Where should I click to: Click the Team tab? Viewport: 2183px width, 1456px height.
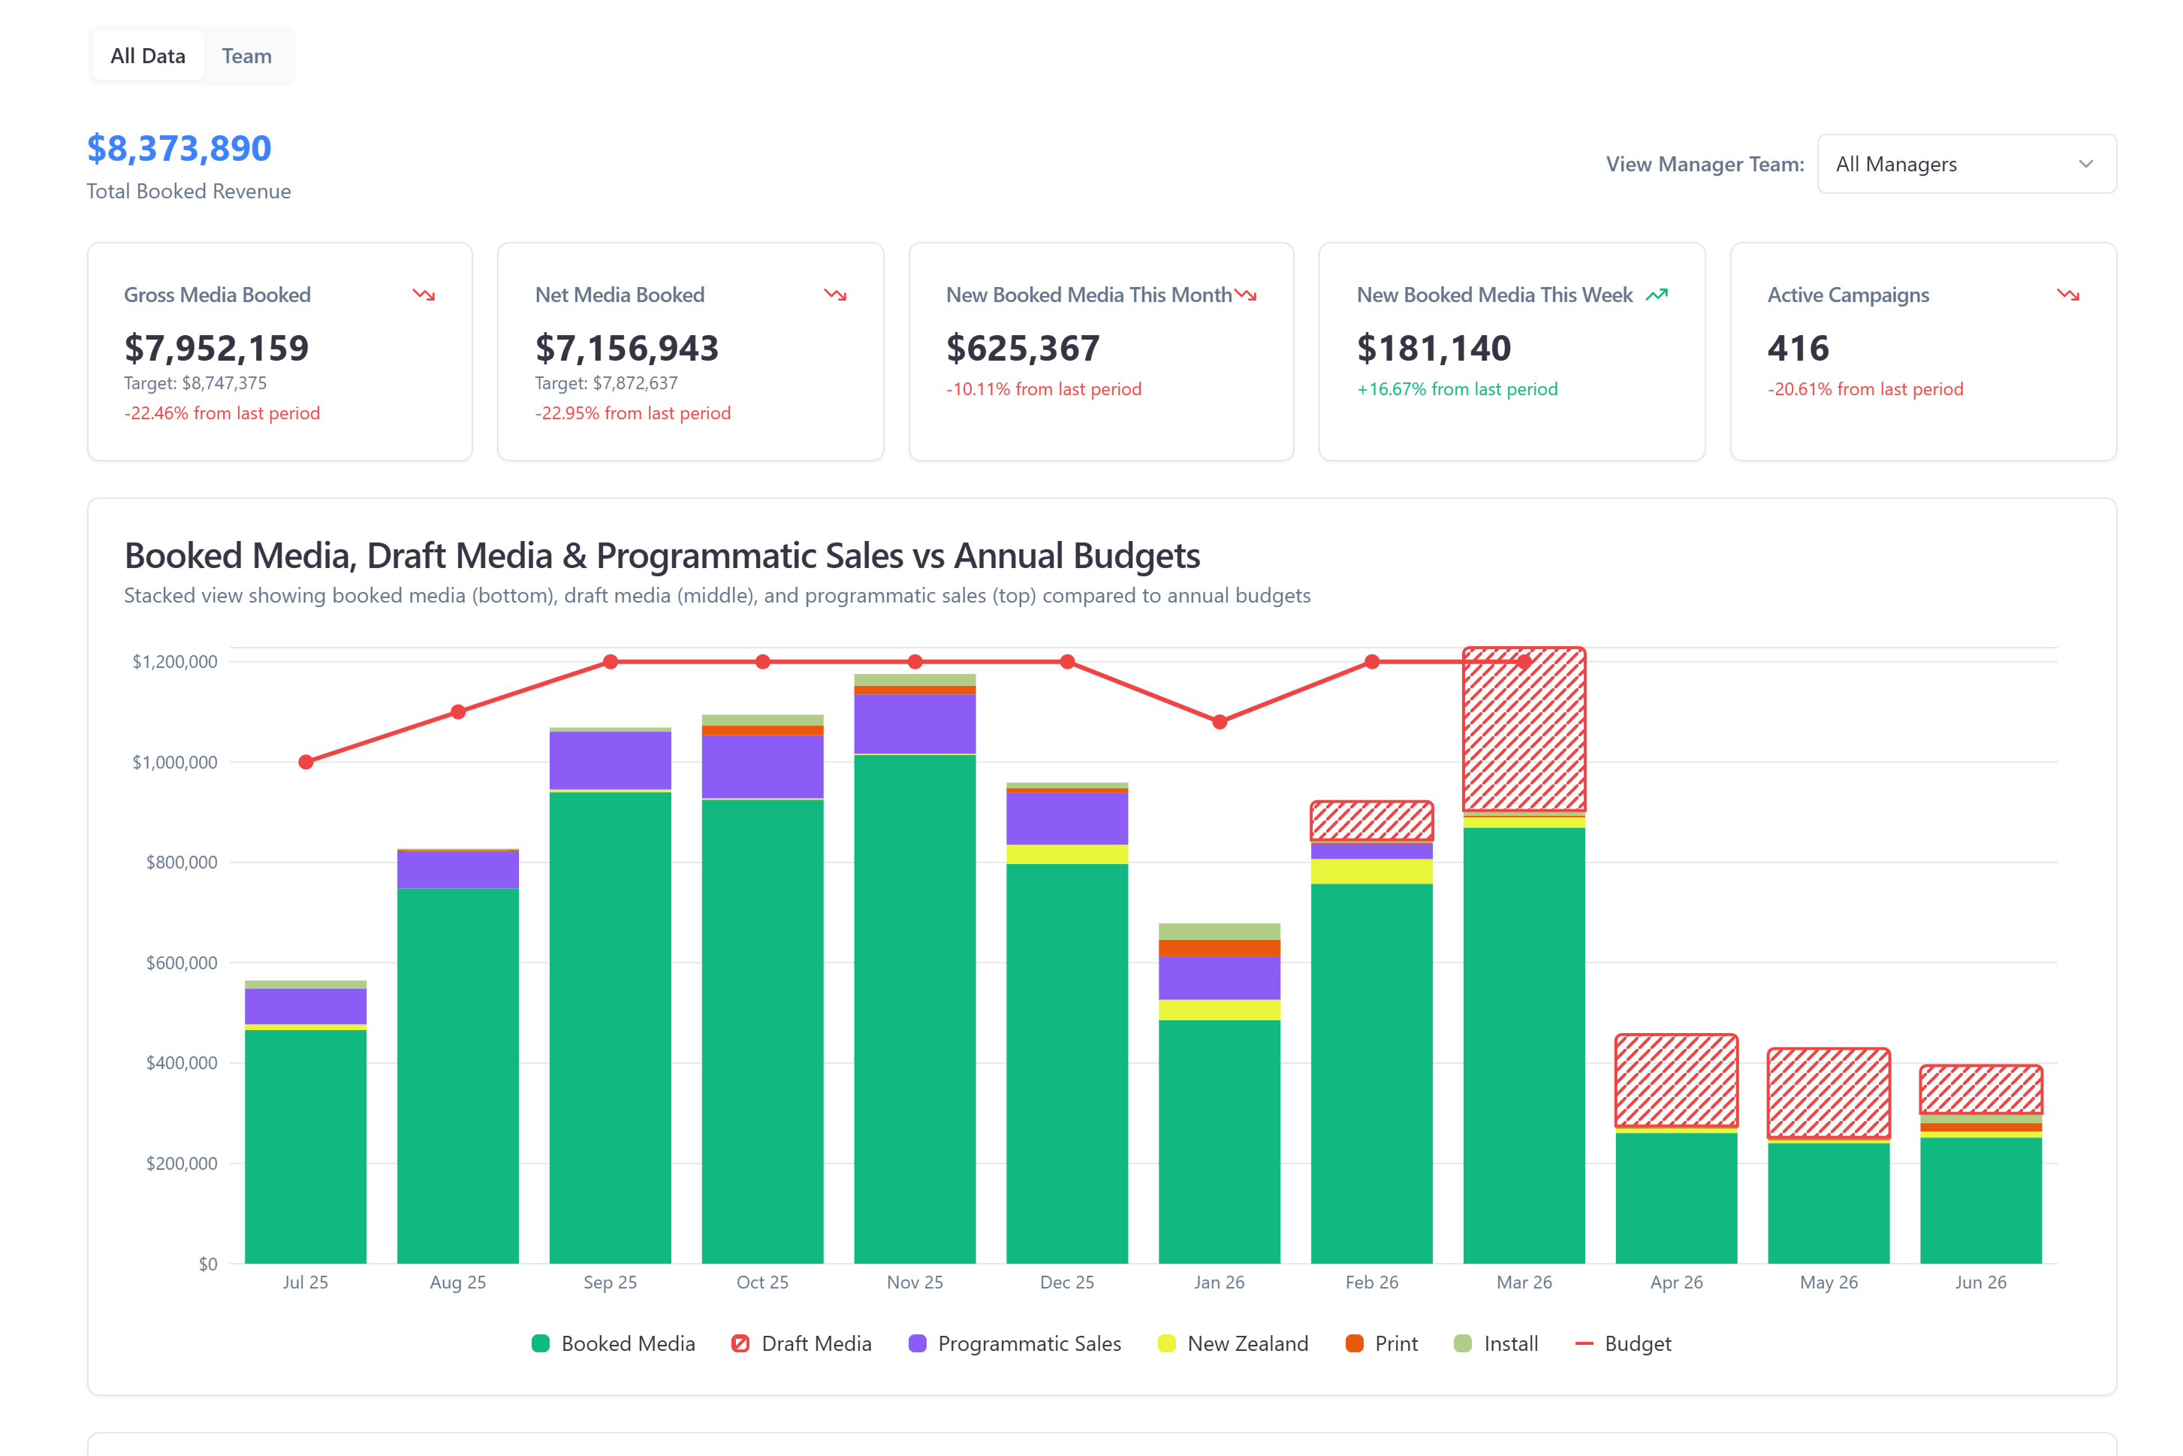click(x=246, y=56)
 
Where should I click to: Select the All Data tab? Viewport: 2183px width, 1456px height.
click(x=148, y=56)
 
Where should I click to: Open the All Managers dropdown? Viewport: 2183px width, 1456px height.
click(x=1965, y=165)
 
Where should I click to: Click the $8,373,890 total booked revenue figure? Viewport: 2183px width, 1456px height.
click(x=179, y=149)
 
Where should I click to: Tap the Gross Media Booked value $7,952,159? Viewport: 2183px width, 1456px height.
click(x=216, y=348)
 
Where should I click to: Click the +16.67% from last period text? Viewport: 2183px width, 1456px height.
click(x=1457, y=389)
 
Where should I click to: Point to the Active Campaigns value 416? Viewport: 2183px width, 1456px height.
click(x=1798, y=348)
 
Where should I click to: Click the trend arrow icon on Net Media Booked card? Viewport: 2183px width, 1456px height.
click(x=835, y=295)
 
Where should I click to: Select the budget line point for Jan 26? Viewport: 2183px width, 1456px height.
click(x=1220, y=721)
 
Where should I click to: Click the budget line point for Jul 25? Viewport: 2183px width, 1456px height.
click(x=306, y=763)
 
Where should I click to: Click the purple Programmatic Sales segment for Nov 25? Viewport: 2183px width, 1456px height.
click(x=914, y=724)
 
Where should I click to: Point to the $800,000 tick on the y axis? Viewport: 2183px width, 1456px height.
click(x=181, y=862)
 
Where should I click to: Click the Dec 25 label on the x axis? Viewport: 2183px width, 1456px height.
click(x=1066, y=1282)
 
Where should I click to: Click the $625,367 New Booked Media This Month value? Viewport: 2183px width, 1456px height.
click(x=1023, y=348)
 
